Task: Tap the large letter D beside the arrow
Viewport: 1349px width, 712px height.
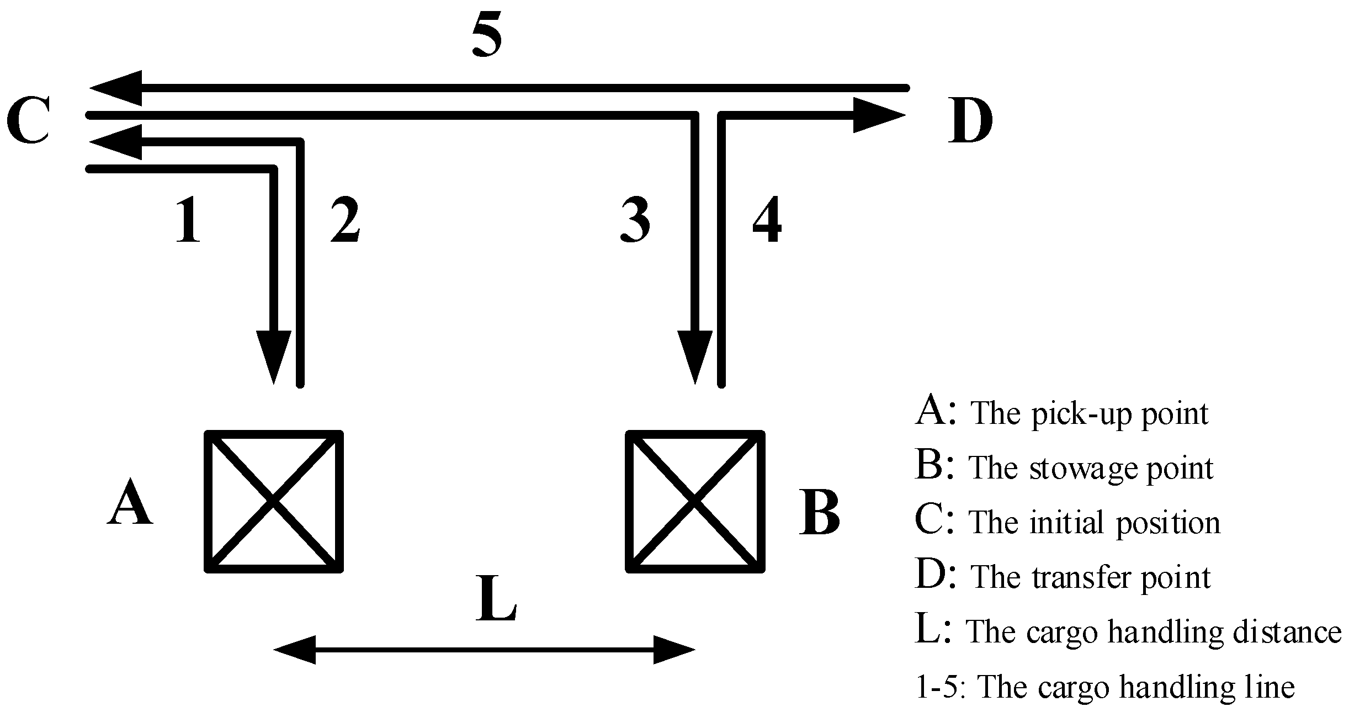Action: point(970,120)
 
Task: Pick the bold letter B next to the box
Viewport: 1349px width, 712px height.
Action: point(819,513)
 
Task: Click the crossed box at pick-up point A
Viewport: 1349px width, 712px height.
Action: point(274,501)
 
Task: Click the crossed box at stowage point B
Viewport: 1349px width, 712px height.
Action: point(695,501)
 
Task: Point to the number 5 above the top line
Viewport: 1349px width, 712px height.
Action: point(487,35)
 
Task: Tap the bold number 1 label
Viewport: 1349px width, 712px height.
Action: point(188,221)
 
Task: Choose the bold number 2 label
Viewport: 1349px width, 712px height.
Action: point(346,221)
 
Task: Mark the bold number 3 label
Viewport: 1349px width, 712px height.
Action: point(635,221)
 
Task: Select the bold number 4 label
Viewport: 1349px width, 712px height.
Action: point(767,221)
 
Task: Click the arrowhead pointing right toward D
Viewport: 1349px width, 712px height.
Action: point(878,115)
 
